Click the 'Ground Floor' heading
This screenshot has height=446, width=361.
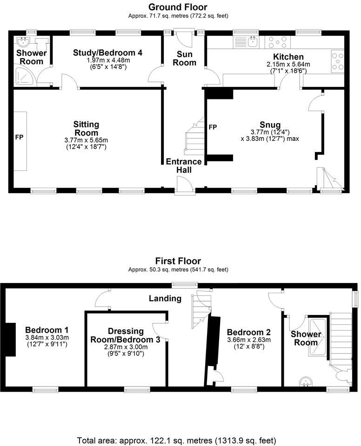point(178,7)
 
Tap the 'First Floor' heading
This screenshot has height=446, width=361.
point(178,261)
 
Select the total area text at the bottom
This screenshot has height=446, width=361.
point(176,440)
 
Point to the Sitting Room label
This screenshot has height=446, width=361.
point(86,129)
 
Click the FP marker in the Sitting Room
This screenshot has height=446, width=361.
point(19,138)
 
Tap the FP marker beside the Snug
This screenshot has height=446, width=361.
point(213,127)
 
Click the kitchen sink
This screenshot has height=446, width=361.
point(253,43)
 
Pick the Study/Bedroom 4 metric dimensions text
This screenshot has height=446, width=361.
point(107,60)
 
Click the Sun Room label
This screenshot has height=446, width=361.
point(184,59)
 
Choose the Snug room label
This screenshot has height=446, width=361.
point(270,125)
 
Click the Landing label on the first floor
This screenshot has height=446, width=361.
point(165,298)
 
